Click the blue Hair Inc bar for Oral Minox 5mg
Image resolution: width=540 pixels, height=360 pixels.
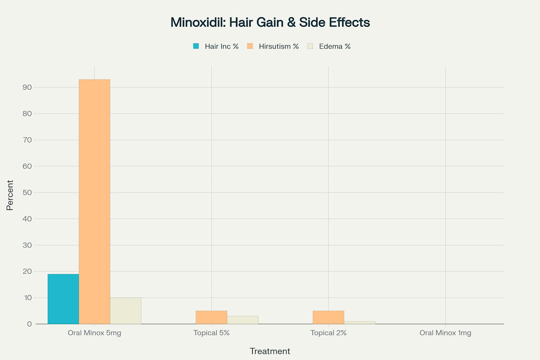(x=63, y=299)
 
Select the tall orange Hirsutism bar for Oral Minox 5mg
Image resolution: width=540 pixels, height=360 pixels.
(x=94, y=201)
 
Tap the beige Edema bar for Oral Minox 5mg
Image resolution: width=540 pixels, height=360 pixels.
(x=126, y=311)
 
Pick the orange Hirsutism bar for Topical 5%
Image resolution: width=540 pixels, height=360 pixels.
(x=211, y=317)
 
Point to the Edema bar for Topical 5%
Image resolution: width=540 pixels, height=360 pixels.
(x=243, y=320)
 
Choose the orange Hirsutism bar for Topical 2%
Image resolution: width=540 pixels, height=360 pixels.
(x=328, y=317)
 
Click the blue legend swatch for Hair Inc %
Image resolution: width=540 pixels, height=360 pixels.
(x=196, y=46)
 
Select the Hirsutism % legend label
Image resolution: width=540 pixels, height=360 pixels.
(x=278, y=46)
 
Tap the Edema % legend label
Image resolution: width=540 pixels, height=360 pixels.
(x=335, y=46)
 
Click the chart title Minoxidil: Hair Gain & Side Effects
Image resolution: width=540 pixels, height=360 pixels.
(x=270, y=22)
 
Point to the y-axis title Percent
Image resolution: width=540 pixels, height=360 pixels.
(x=10, y=195)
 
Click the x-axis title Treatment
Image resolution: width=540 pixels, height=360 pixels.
(x=270, y=351)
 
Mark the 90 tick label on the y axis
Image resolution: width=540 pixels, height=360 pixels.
(x=27, y=87)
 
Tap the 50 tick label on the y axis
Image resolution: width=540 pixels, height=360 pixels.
(x=27, y=192)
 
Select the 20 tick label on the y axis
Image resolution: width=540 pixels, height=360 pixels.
(x=27, y=271)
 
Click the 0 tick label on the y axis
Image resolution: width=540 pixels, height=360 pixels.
(x=29, y=324)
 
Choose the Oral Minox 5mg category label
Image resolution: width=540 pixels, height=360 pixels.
(x=94, y=333)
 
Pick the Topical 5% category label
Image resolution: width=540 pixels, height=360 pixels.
(x=211, y=333)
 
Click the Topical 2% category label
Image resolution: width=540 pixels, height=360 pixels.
(x=328, y=333)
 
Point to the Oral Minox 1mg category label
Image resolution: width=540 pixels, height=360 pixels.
(x=445, y=333)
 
